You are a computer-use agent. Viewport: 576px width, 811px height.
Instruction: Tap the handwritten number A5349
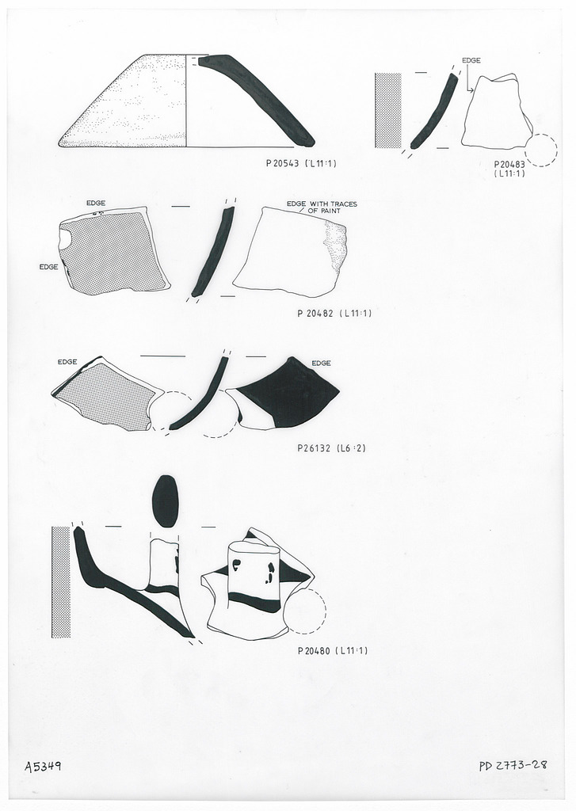pyautogui.click(x=44, y=766)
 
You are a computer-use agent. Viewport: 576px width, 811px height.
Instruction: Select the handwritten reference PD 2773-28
pyautogui.click(x=514, y=766)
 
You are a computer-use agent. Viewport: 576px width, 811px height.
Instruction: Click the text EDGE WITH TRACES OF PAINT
pyautogui.click(x=322, y=208)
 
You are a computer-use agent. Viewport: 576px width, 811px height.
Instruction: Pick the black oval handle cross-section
pyautogui.click(x=165, y=501)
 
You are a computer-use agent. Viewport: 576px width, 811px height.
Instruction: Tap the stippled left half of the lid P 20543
pyautogui.click(x=135, y=107)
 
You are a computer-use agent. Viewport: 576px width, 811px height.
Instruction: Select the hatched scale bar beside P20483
pyautogui.click(x=388, y=111)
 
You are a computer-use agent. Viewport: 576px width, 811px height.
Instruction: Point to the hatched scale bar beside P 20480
pyautogui.click(x=61, y=582)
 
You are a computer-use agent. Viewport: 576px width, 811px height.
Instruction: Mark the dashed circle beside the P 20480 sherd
pyautogui.click(x=304, y=611)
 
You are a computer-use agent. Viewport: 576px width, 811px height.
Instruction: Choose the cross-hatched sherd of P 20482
pyautogui.click(x=113, y=252)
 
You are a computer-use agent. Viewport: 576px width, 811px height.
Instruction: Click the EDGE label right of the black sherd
pyautogui.click(x=321, y=363)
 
